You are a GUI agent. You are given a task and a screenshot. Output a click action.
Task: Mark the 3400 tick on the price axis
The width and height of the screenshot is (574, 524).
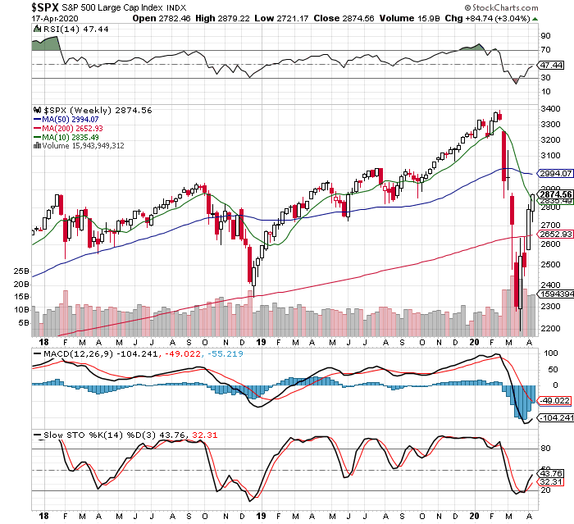click(550, 108)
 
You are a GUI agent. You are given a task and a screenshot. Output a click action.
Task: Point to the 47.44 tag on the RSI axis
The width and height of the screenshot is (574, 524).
click(550, 64)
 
